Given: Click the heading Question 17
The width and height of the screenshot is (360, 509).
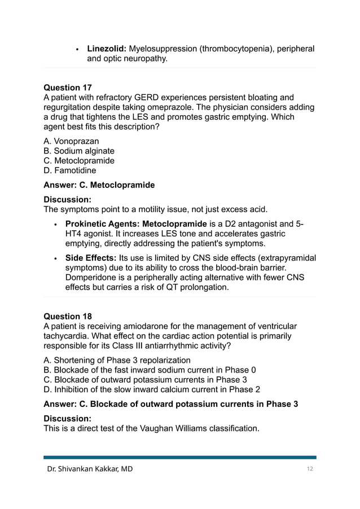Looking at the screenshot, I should click(x=68, y=87).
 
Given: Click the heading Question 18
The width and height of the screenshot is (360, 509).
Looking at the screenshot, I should click(x=68, y=316).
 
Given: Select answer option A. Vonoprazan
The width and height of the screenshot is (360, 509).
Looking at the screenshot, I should click(x=71, y=142).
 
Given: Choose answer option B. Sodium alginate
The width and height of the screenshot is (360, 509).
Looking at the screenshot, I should click(x=79, y=151).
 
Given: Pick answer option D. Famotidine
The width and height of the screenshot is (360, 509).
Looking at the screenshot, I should click(x=70, y=170).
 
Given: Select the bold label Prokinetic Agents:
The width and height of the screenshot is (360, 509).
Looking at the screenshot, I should click(x=103, y=224).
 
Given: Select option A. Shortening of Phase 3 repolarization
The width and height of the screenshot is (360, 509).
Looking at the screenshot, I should click(x=117, y=360).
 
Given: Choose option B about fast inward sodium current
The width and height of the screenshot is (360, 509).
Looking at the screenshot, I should click(x=150, y=370).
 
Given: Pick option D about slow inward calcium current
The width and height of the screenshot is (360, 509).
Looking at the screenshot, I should click(x=152, y=389).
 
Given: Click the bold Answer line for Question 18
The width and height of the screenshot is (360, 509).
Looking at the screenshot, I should click(x=170, y=404).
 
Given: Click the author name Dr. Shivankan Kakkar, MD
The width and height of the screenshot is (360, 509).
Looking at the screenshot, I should click(x=90, y=468).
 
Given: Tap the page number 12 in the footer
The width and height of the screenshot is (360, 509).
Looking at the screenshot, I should click(x=309, y=468).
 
